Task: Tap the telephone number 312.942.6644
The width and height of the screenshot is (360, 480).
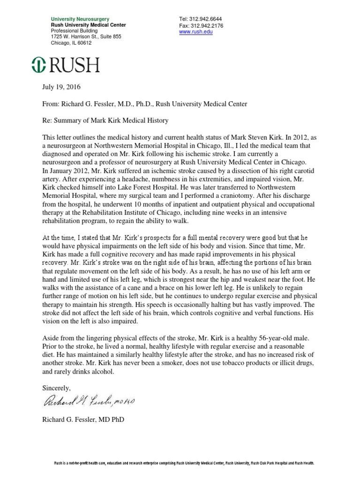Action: [200, 19]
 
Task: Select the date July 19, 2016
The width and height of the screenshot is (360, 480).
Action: [60, 87]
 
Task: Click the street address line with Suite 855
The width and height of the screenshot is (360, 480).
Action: [86, 37]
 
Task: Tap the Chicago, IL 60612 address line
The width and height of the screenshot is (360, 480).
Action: [71, 43]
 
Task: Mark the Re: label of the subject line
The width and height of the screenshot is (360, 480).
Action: [47, 120]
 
